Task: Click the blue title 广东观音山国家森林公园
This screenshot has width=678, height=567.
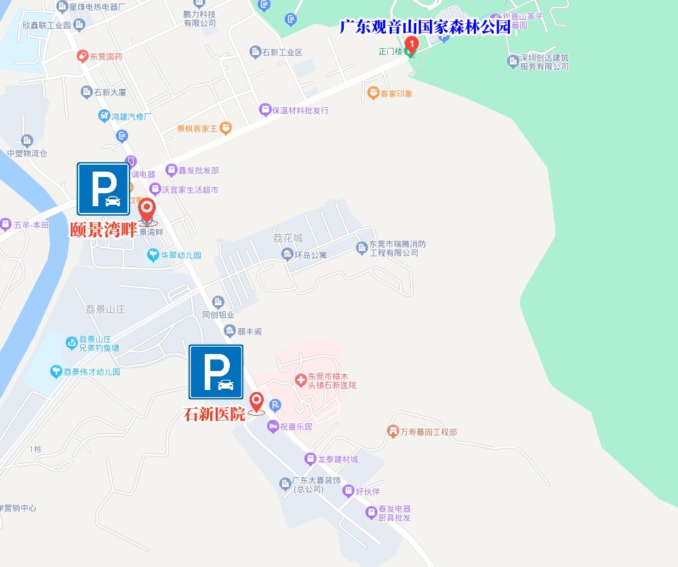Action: click(424, 27)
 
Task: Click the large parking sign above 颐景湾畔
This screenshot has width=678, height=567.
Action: click(103, 189)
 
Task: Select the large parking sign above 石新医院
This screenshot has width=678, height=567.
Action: click(216, 372)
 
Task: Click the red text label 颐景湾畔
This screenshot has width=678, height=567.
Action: click(103, 229)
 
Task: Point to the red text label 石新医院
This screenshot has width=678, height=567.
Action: click(214, 414)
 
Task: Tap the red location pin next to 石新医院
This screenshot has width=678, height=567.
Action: click(256, 402)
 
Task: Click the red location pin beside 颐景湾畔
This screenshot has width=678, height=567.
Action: click(147, 211)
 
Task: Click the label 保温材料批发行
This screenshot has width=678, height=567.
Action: click(300, 110)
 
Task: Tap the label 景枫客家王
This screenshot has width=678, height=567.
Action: click(197, 128)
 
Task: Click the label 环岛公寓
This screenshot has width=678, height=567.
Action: click(310, 255)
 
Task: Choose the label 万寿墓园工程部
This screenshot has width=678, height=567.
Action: click(428, 431)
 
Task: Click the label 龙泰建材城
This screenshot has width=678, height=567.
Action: click(337, 459)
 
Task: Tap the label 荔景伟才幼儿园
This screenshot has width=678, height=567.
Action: click(92, 372)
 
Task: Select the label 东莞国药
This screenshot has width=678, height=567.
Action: click(106, 56)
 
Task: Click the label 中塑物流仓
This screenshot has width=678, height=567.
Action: click(26, 153)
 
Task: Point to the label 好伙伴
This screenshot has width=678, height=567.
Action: click(367, 490)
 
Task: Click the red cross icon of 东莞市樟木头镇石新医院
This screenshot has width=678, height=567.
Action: click(300, 381)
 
